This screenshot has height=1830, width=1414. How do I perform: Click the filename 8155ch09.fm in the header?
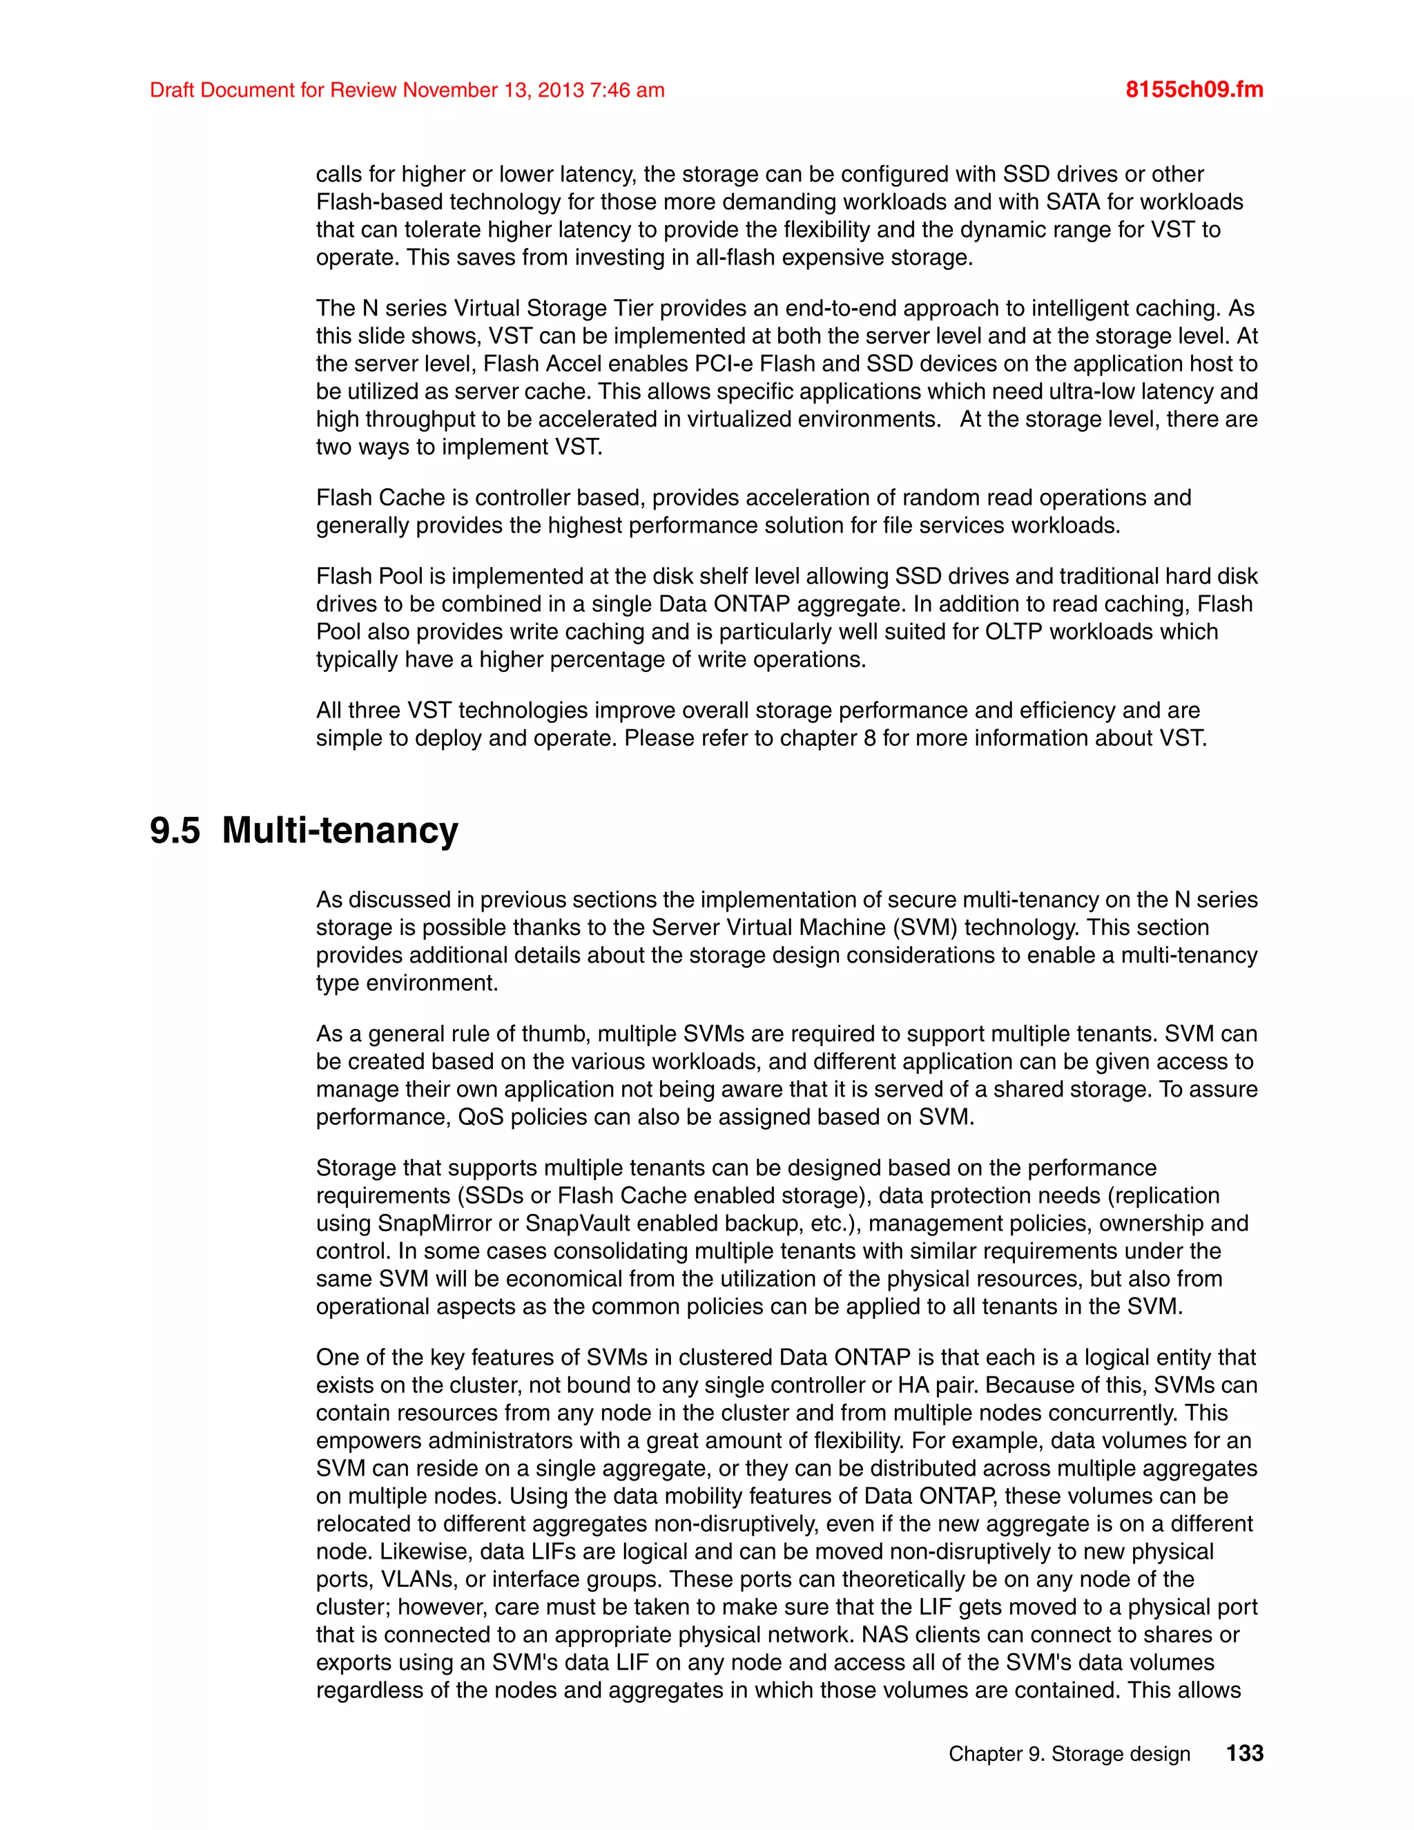point(1194,90)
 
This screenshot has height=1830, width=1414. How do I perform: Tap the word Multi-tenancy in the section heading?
point(340,830)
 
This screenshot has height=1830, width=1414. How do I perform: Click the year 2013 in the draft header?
point(561,90)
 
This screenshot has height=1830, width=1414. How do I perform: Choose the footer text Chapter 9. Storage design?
point(1069,1754)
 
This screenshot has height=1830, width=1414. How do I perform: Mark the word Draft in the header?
point(172,90)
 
